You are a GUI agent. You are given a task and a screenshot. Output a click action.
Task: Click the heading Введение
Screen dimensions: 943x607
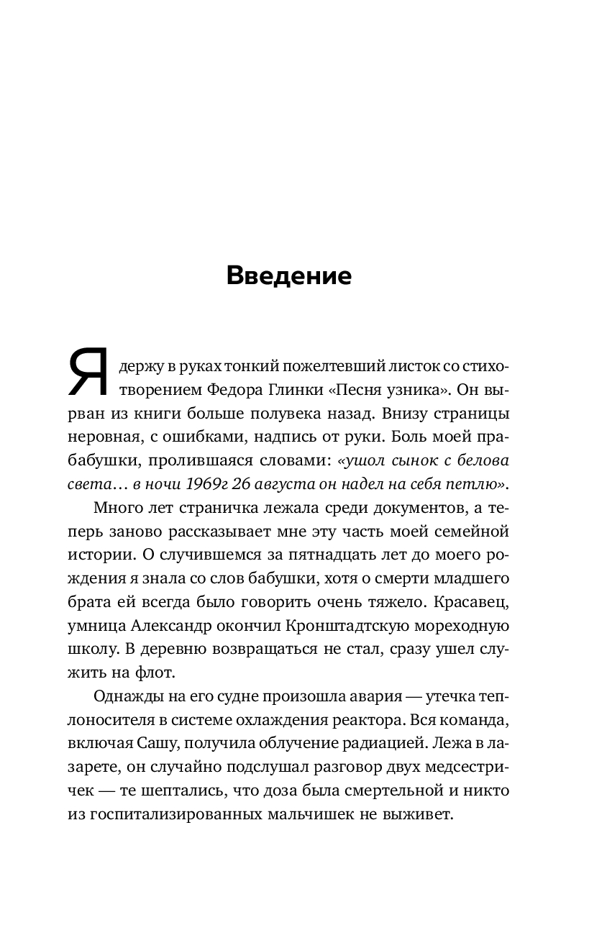click(288, 276)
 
